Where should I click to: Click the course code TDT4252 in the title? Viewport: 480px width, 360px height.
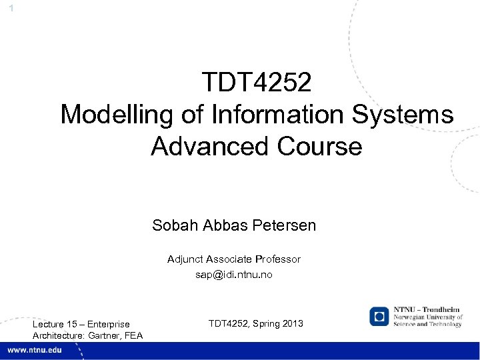257,83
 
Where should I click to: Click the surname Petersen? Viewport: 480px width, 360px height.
284,225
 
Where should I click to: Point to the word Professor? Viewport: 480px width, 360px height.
276,259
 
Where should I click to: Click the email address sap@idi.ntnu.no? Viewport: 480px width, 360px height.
234,274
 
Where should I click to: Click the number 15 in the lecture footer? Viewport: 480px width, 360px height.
73,325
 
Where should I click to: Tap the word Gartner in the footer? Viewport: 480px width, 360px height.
105,335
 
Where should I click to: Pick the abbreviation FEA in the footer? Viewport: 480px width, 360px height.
133,335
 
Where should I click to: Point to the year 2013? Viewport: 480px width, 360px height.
291,323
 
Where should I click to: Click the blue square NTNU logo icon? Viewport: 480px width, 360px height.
380,316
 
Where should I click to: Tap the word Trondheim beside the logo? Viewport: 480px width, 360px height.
440,311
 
